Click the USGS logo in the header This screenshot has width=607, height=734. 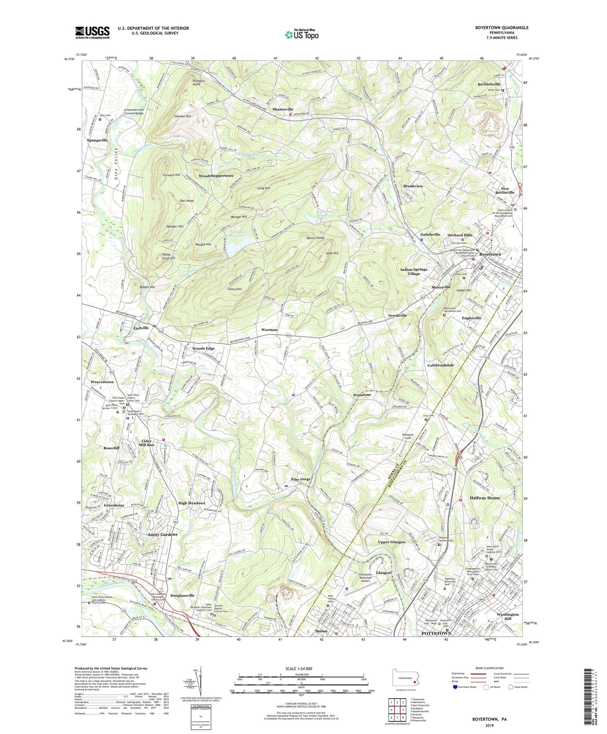click(92, 32)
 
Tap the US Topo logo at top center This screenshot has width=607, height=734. click(301, 34)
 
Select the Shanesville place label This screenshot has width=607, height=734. click(283, 109)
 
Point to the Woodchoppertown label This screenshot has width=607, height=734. click(216, 175)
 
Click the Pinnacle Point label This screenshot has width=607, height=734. click(199, 82)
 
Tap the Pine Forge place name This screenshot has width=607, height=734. click(300, 479)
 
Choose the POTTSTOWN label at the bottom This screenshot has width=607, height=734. click(436, 633)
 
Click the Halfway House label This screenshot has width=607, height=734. click(487, 498)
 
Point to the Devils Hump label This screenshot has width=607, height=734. click(315, 238)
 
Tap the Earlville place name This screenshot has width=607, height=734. click(141, 328)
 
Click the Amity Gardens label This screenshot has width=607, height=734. click(162, 534)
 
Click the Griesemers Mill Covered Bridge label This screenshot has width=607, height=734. click(134, 111)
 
